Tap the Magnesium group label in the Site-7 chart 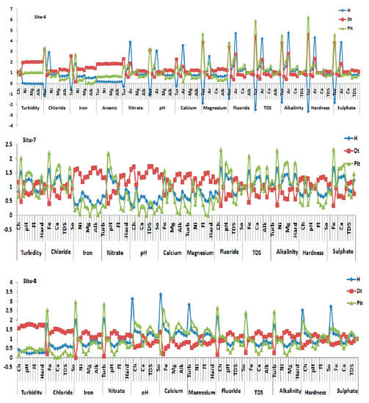[200, 253]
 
